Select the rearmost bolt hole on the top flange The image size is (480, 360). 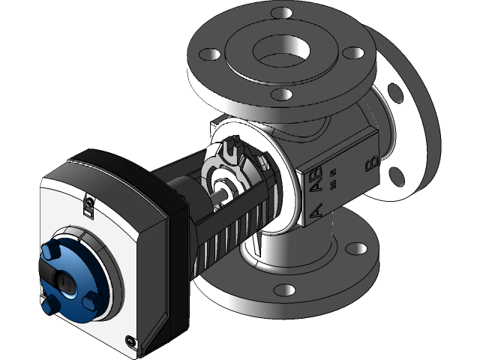click(280, 13)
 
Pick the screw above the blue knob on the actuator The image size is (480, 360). click(88, 201)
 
